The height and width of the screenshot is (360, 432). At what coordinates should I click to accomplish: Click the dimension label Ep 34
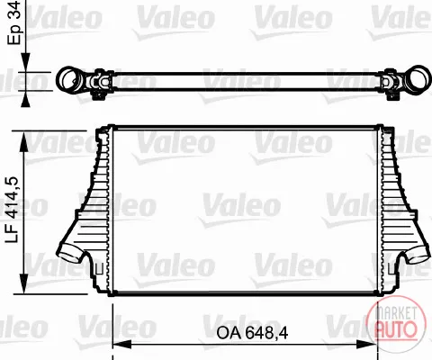pyautogui.click(x=14, y=22)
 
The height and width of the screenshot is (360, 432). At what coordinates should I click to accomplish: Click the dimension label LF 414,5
pyautogui.click(x=13, y=210)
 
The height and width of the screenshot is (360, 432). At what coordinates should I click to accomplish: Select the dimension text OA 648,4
pyautogui.click(x=252, y=333)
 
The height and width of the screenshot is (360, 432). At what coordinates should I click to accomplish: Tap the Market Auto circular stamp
pyautogui.click(x=397, y=325)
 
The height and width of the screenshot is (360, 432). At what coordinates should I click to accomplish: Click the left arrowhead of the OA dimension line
pyautogui.click(x=122, y=344)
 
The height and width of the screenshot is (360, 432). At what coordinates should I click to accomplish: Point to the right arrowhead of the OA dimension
pyautogui.click(x=366, y=344)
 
